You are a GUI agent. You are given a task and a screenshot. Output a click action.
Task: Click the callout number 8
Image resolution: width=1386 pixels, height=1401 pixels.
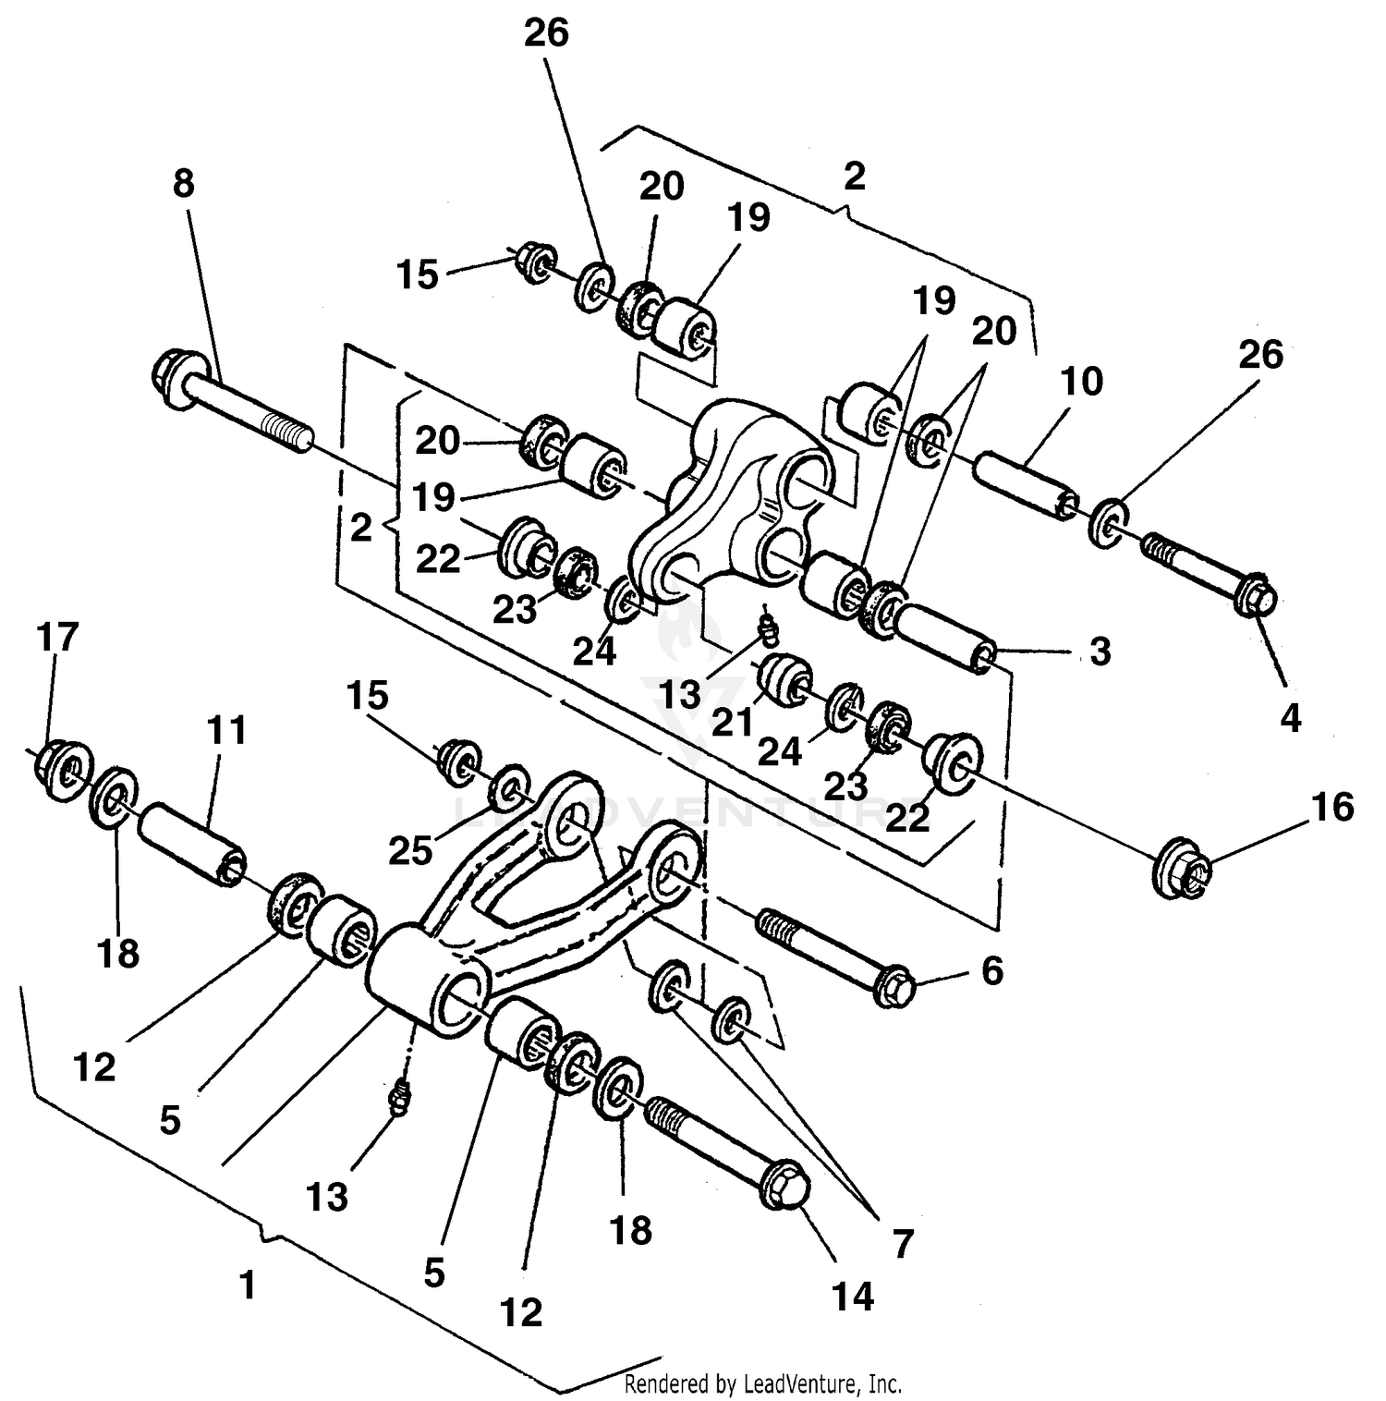[x=184, y=184]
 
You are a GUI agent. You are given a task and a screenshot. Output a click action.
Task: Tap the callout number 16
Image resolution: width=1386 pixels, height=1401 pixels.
[x=1331, y=807]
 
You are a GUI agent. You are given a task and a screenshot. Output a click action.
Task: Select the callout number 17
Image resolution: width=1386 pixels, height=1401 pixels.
[x=57, y=638]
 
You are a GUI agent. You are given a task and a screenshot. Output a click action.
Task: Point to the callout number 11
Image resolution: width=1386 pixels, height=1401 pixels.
[x=226, y=730]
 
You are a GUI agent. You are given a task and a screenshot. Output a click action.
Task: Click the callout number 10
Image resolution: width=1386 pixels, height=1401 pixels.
[x=1082, y=381]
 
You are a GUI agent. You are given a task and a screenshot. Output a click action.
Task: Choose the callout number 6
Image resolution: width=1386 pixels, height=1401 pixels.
[x=991, y=970]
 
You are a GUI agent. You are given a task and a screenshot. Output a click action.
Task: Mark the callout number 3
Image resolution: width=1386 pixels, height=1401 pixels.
[x=1100, y=652]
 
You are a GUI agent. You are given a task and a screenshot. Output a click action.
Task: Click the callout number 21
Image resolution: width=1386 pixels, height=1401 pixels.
[x=733, y=722]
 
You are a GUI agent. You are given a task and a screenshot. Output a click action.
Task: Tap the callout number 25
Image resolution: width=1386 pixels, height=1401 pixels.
[x=410, y=850]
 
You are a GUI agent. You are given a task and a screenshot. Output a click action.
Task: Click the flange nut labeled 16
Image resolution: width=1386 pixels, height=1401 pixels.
[x=1180, y=869]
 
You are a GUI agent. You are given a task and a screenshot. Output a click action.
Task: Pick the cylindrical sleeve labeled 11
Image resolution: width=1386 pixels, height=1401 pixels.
[x=191, y=843]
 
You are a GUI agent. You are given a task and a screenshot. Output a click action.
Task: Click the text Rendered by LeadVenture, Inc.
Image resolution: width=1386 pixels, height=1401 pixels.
[x=762, y=1383]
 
